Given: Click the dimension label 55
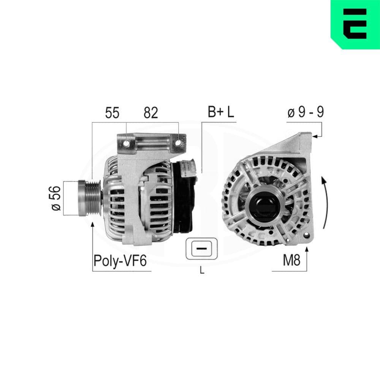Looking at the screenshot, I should click(x=112, y=113).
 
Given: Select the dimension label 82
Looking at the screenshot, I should click(x=150, y=113).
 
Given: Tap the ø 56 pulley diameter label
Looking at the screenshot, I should click(x=55, y=198).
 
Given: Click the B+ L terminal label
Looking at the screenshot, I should click(x=221, y=112).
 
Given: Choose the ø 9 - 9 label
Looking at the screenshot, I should click(x=306, y=112).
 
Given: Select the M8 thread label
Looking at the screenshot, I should click(x=291, y=261).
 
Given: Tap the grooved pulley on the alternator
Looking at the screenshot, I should click(x=90, y=198).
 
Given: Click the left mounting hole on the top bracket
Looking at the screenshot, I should click(x=126, y=144).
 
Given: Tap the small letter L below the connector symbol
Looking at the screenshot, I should click(x=202, y=271).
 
